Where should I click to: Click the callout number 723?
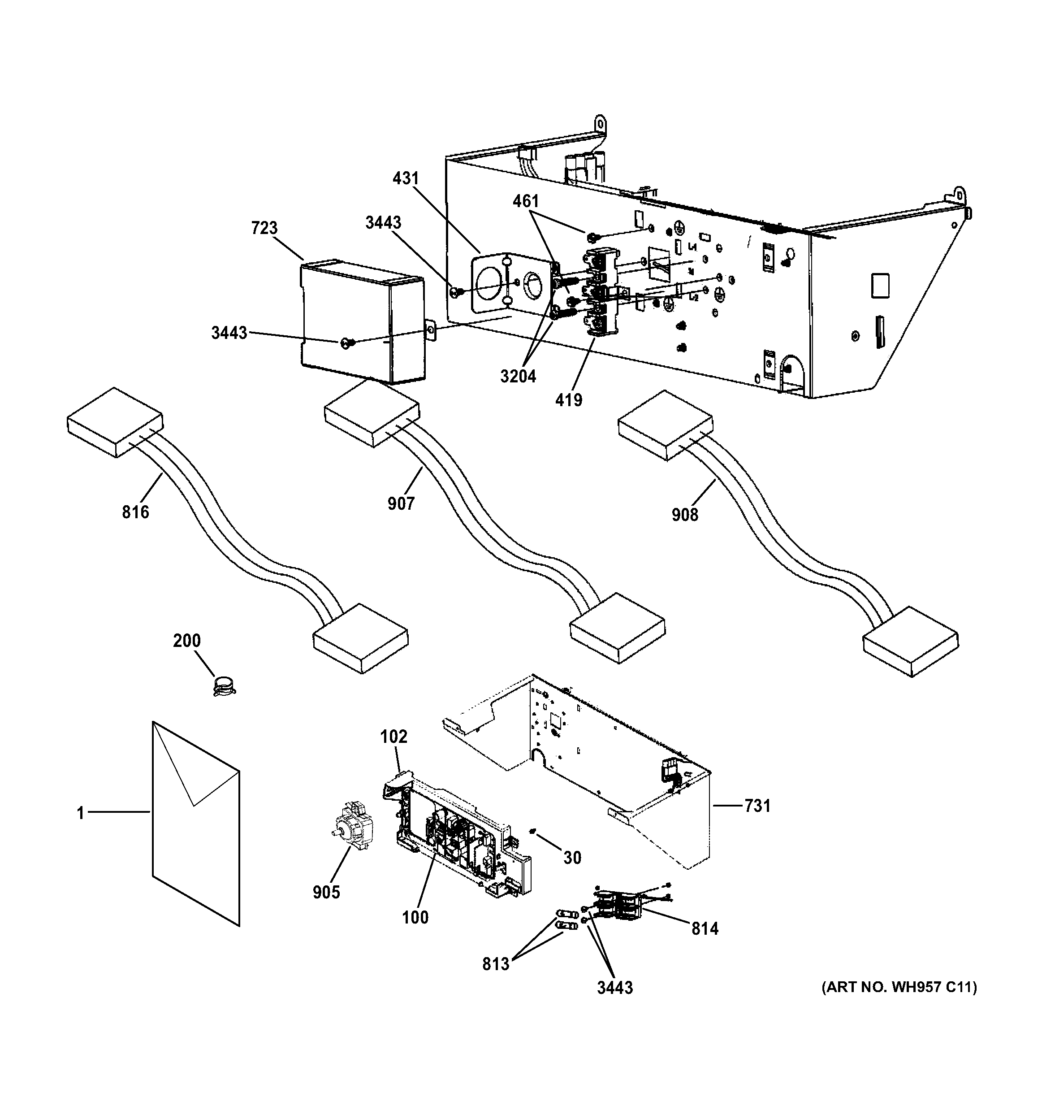pyautogui.click(x=264, y=228)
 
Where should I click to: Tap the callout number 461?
pyautogui.click(x=526, y=201)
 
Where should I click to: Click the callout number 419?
pyautogui.click(x=569, y=400)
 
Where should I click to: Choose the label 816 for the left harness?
pyautogui.click(x=136, y=512)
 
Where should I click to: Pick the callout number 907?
pyautogui.click(x=401, y=503)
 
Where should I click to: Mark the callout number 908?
pyautogui.click(x=685, y=514)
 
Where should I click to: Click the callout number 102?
pyautogui.click(x=393, y=737)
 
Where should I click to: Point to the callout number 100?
pyautogui.click(x=415, y=917)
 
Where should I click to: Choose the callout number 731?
pyautogui.click(x=757, y=806)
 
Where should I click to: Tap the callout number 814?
pyautogui.click(x=705, y=928)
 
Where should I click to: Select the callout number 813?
pyautogui.click(x=496, y=964)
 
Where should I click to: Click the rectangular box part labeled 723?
pyautogui.click(x=363, y=321)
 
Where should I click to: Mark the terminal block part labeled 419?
pyautogui.click(x=601, y=293)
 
